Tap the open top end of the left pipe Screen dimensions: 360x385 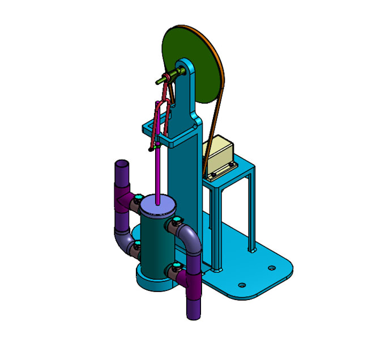(122, 165)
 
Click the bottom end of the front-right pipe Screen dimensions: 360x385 (193, 312)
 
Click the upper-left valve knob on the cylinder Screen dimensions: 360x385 (138, 198)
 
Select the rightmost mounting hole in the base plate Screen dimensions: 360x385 (271, 268)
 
